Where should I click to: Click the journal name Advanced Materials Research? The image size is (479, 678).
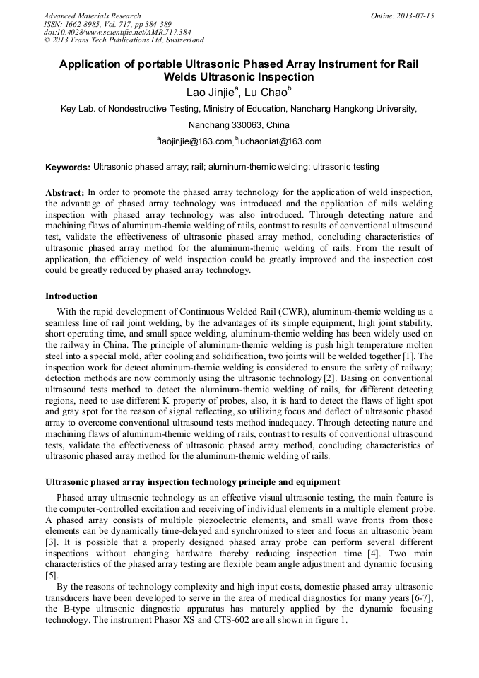coord(92,16)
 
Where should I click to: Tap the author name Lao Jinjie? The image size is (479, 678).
coord(211,92)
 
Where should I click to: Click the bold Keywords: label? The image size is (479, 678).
coord(68,168)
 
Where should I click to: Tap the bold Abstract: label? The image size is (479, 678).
coord(65,192)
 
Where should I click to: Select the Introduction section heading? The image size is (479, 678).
coord(71,296)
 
